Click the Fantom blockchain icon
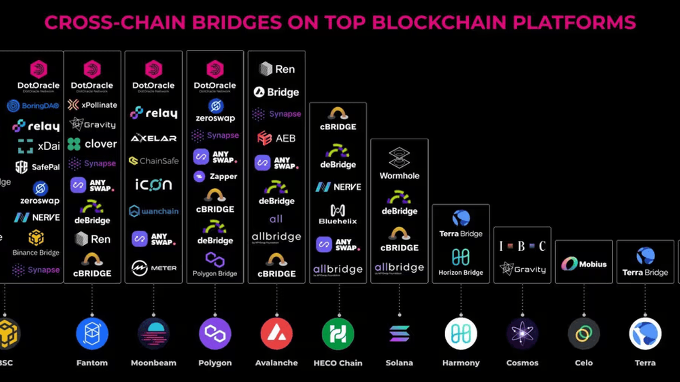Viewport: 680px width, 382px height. pyautogui.click(x=92, y=333)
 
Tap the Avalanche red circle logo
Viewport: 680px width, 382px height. pyautogui.click(x=276, y=333)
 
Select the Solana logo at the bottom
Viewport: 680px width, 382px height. pyautogui.click(x=399, y=333)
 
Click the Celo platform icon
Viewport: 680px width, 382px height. pyautogui.click(x=583, y=333)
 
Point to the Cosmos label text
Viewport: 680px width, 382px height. pyautogui.click(x=522, y=363)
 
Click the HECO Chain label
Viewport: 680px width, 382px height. pyautogui.click(x=338, y=363)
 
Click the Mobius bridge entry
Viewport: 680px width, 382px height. pyautogui.click(x=584, y=264)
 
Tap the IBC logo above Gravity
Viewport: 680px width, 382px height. pyautogui.click(x=522, y=246)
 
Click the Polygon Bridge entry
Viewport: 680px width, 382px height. pyautogui.click(x=215, y=265)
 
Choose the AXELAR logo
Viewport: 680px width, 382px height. pyautogui.click(x=153, y=138)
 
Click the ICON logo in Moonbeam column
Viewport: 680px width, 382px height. pyautogui.click(x=153, y=185)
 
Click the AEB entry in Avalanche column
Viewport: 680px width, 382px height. pyautogui.click(x=276, y=138)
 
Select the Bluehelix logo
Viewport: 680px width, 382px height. pyautogui.click(x=338, y=214)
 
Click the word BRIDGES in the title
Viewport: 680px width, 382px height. pyautogui.click(x=236, y=22)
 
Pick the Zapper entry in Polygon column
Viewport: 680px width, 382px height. pyautogui.click(x=215, y=176)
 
